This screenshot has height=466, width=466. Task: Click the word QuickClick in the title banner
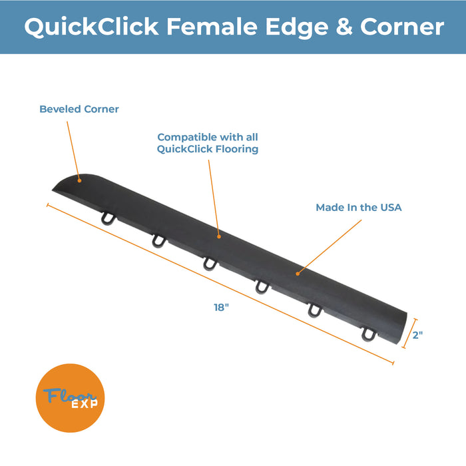coord(92,27)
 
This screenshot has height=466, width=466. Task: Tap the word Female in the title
coord(212,27)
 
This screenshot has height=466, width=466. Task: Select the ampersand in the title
coord(344,27)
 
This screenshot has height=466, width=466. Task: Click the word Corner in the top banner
coord(402,27)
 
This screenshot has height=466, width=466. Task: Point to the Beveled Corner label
coord(79,109)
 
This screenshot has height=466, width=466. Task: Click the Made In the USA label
coord(358,208)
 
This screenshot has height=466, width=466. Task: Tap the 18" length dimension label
coord(222,308)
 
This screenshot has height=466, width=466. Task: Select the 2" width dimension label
coord(417,335)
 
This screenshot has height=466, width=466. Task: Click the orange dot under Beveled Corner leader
coord(79,180)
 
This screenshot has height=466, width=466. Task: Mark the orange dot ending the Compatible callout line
coord(219,236)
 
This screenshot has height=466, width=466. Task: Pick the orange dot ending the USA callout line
coord(298,274)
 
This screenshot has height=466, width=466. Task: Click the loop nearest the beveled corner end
coord(108,218)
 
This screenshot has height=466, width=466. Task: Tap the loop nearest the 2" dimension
coord(369,334)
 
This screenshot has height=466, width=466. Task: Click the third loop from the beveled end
coord(210,264)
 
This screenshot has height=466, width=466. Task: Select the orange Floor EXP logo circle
coord(70,398)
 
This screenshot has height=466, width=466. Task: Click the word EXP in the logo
coord(85,404)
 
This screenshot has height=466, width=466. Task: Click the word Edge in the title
coord(297,27)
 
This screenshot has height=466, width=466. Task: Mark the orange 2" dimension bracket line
coord(409,334)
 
